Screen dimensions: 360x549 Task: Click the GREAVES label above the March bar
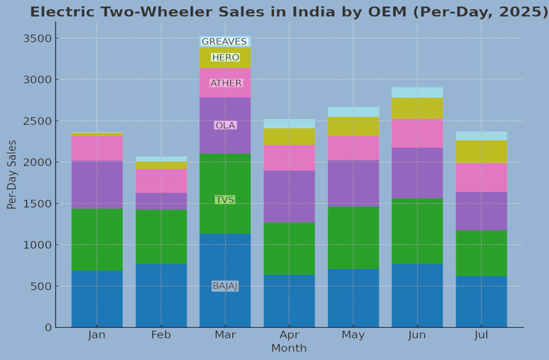224,42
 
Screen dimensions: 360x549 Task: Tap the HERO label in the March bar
225,58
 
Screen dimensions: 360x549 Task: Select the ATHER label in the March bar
226,83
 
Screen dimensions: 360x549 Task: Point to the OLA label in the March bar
225,125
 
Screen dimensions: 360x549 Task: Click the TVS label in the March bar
225,200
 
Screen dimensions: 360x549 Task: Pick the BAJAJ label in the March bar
225,286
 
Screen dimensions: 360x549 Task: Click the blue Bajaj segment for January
97,299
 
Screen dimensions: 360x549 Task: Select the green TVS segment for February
161,237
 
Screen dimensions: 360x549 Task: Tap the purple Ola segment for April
289,196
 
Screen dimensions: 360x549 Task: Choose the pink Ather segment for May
353,148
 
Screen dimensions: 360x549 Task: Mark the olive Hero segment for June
418,108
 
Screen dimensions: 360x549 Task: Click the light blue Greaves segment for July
482,136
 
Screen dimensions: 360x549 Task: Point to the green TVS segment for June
418,232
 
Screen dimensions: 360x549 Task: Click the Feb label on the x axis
161,335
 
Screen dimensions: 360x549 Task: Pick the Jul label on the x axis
482,335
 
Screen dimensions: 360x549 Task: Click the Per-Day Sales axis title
12,174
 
